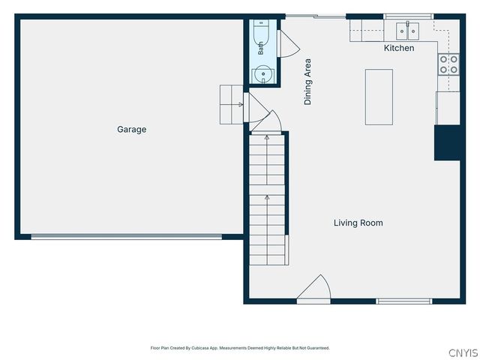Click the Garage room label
pos(132,130)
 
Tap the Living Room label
pos(358,223)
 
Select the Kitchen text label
pos(399,48)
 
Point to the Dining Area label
pos(307,82)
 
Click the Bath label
pos(260,48)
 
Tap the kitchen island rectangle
pos(379,97)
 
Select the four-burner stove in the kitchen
pos(448,64)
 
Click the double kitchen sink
pos(407,31)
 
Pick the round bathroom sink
pos(263,74)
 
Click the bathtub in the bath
pos(261,38)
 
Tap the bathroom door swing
pos(289,43)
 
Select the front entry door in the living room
pos(313,289)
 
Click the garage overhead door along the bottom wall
pos(127,237)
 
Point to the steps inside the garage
pos(232,105)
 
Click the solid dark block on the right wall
pos(447,142)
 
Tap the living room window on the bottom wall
pos(404,301)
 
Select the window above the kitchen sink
pos(408,16)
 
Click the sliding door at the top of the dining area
pos(316,16)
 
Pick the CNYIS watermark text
pos(463,352)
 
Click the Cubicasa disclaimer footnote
pos(240,348)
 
